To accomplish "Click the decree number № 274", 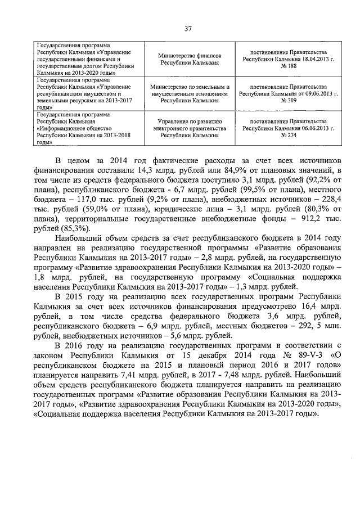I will coord(281,136).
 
